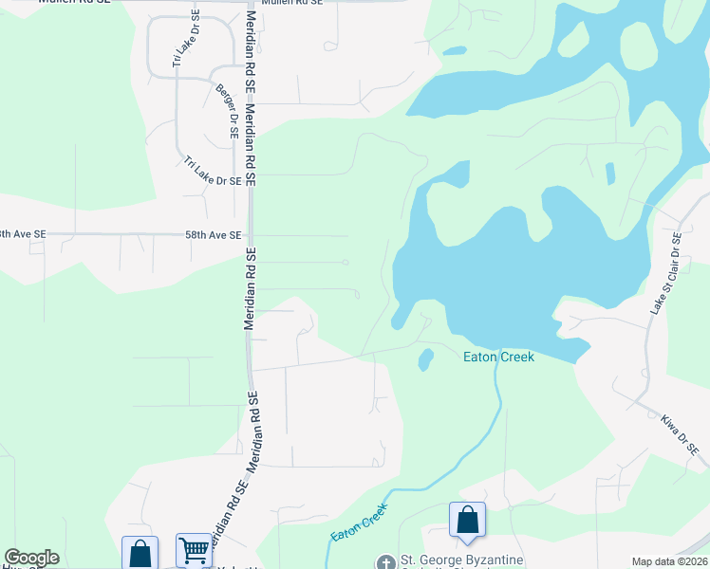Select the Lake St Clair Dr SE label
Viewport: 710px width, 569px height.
pos(662,273)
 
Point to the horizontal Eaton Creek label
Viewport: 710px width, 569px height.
pos(498,357)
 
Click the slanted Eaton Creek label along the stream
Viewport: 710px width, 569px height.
pos(359,523)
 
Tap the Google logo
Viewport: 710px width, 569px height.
pos(31,558)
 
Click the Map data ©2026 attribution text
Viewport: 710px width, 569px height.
pos(670,561)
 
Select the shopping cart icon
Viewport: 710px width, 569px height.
pos(194,549)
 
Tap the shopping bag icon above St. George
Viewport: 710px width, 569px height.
pos(467,520)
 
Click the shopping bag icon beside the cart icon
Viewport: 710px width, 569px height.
pos(140,553)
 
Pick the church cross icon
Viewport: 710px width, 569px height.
pos(385,562)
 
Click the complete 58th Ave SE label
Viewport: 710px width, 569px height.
pos(214,234)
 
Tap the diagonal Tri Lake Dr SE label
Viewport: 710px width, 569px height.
pos(213,172)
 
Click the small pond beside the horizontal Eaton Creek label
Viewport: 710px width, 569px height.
pos(425,358)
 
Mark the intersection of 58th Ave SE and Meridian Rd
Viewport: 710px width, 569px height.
pos(251,234)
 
